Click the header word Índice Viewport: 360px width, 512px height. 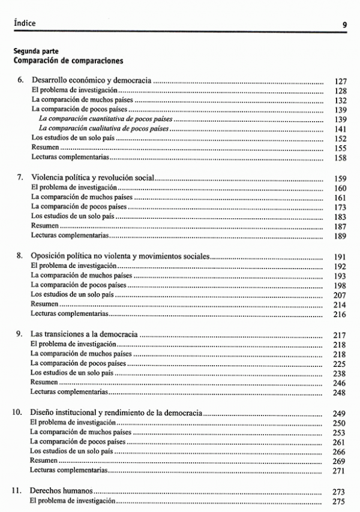[x=25, y=23]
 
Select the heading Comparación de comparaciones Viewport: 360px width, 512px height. [x=68, y=61]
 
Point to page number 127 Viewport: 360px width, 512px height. [x=340, y=81]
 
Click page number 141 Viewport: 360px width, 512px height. [x=340, y=129]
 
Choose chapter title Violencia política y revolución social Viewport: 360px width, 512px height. [x=93, y=177]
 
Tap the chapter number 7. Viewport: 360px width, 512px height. [x=19, y=177]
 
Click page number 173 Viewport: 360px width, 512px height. [x=340, y=207]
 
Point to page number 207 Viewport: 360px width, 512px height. [x=340, y=295]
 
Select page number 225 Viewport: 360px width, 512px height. [x=340, y=363]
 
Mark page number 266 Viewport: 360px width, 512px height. [x=340, y=451]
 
